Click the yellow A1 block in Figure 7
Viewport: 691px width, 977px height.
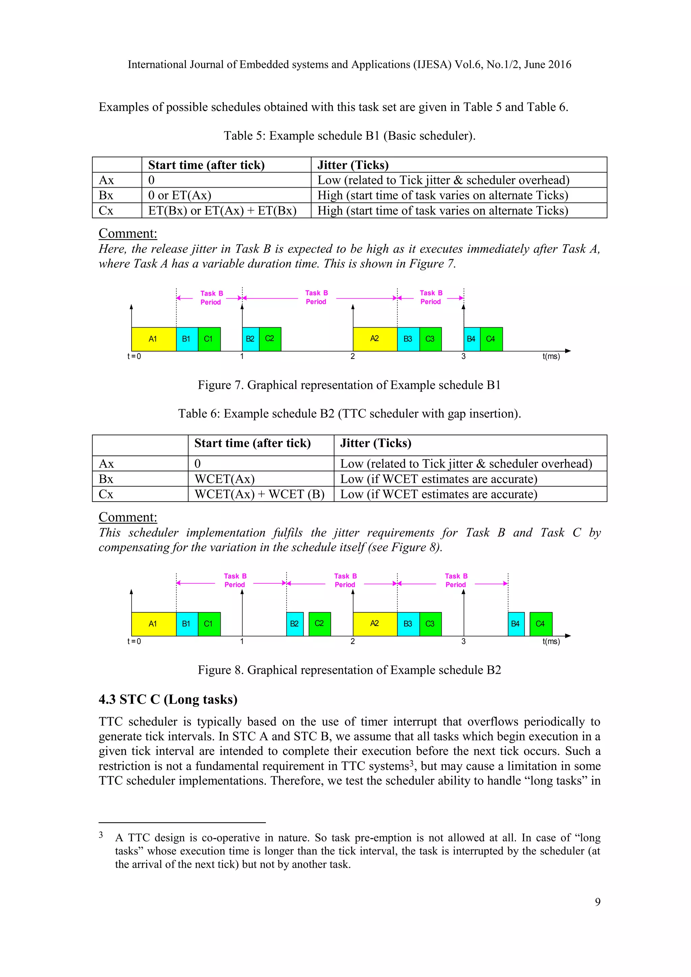[x=153, y=339]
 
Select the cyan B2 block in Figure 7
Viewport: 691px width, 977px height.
[x=250, y=339]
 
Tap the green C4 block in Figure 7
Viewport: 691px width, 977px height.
[x=491, y=339]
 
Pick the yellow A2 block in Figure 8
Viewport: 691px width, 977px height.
[x=375, y=624]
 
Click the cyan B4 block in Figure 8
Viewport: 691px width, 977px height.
[x=516, y=624]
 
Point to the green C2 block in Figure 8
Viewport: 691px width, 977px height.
[x=320, y=624]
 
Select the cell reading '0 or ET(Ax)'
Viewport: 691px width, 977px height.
[x=179, y=195]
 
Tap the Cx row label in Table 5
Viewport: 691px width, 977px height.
[x=106, y=211]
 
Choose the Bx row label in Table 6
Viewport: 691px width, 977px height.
[x=106, y=479]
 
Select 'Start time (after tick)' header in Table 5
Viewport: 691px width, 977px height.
[x=206, y=165]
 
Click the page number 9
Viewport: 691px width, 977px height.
[x=598, y=902]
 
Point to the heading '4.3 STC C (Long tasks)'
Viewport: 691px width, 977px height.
[x=168, y=700]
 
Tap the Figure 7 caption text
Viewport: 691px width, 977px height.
[x=349, y=385]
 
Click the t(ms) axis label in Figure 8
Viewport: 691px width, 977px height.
[x=551, y=641]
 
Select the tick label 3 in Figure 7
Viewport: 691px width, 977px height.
[x=463, y=357]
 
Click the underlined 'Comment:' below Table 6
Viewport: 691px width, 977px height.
[x=128, y=517]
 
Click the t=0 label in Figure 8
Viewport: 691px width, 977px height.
[x=134, y=641]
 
